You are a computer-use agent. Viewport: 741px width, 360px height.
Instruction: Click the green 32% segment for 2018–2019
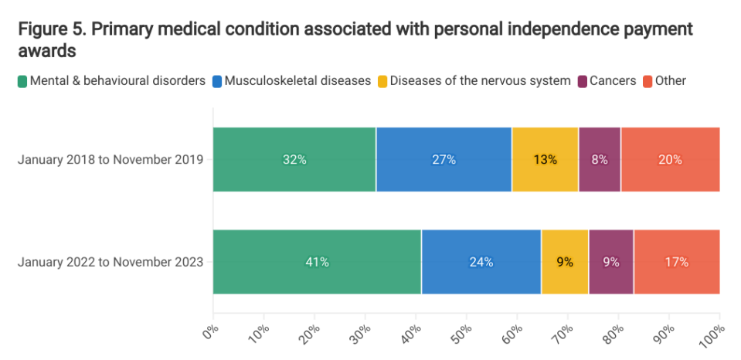(x=294, y=160)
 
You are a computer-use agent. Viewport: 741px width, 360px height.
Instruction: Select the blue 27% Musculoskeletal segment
(x=444, y=160)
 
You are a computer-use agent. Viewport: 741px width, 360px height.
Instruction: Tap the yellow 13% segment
(x=545, y=160)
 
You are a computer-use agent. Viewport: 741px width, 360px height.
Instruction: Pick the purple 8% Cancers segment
(x=600, y=160)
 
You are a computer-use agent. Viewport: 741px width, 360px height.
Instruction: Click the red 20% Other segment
(x=670, y=160)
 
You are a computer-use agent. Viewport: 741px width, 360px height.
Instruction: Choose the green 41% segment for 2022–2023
(x=317, y=262)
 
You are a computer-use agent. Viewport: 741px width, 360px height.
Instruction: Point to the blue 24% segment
(x=481, y=262)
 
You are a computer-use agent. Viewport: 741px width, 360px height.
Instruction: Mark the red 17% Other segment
(x=677, y=262)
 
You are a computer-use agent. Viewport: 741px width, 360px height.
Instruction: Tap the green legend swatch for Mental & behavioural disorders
(x=22, y=80)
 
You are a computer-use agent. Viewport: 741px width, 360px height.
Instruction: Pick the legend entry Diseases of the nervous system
(x=480, y=80)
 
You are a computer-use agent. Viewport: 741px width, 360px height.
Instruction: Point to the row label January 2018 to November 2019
(x=110, y=160)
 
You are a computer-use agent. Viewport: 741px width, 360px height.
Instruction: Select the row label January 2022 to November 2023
(x=110, y=262)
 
